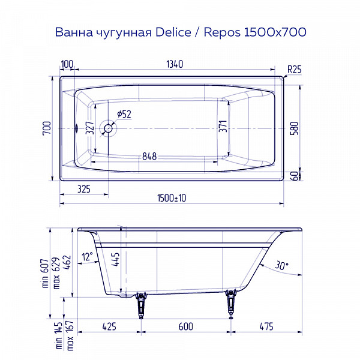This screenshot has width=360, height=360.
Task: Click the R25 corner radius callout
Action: (294, 69)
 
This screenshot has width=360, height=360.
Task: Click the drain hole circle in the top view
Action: (109, 128)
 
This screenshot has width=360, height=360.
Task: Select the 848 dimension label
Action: (149, 157)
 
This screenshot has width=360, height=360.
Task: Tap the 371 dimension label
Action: (223, 127)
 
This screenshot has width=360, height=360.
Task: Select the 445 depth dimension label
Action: (116, 260)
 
